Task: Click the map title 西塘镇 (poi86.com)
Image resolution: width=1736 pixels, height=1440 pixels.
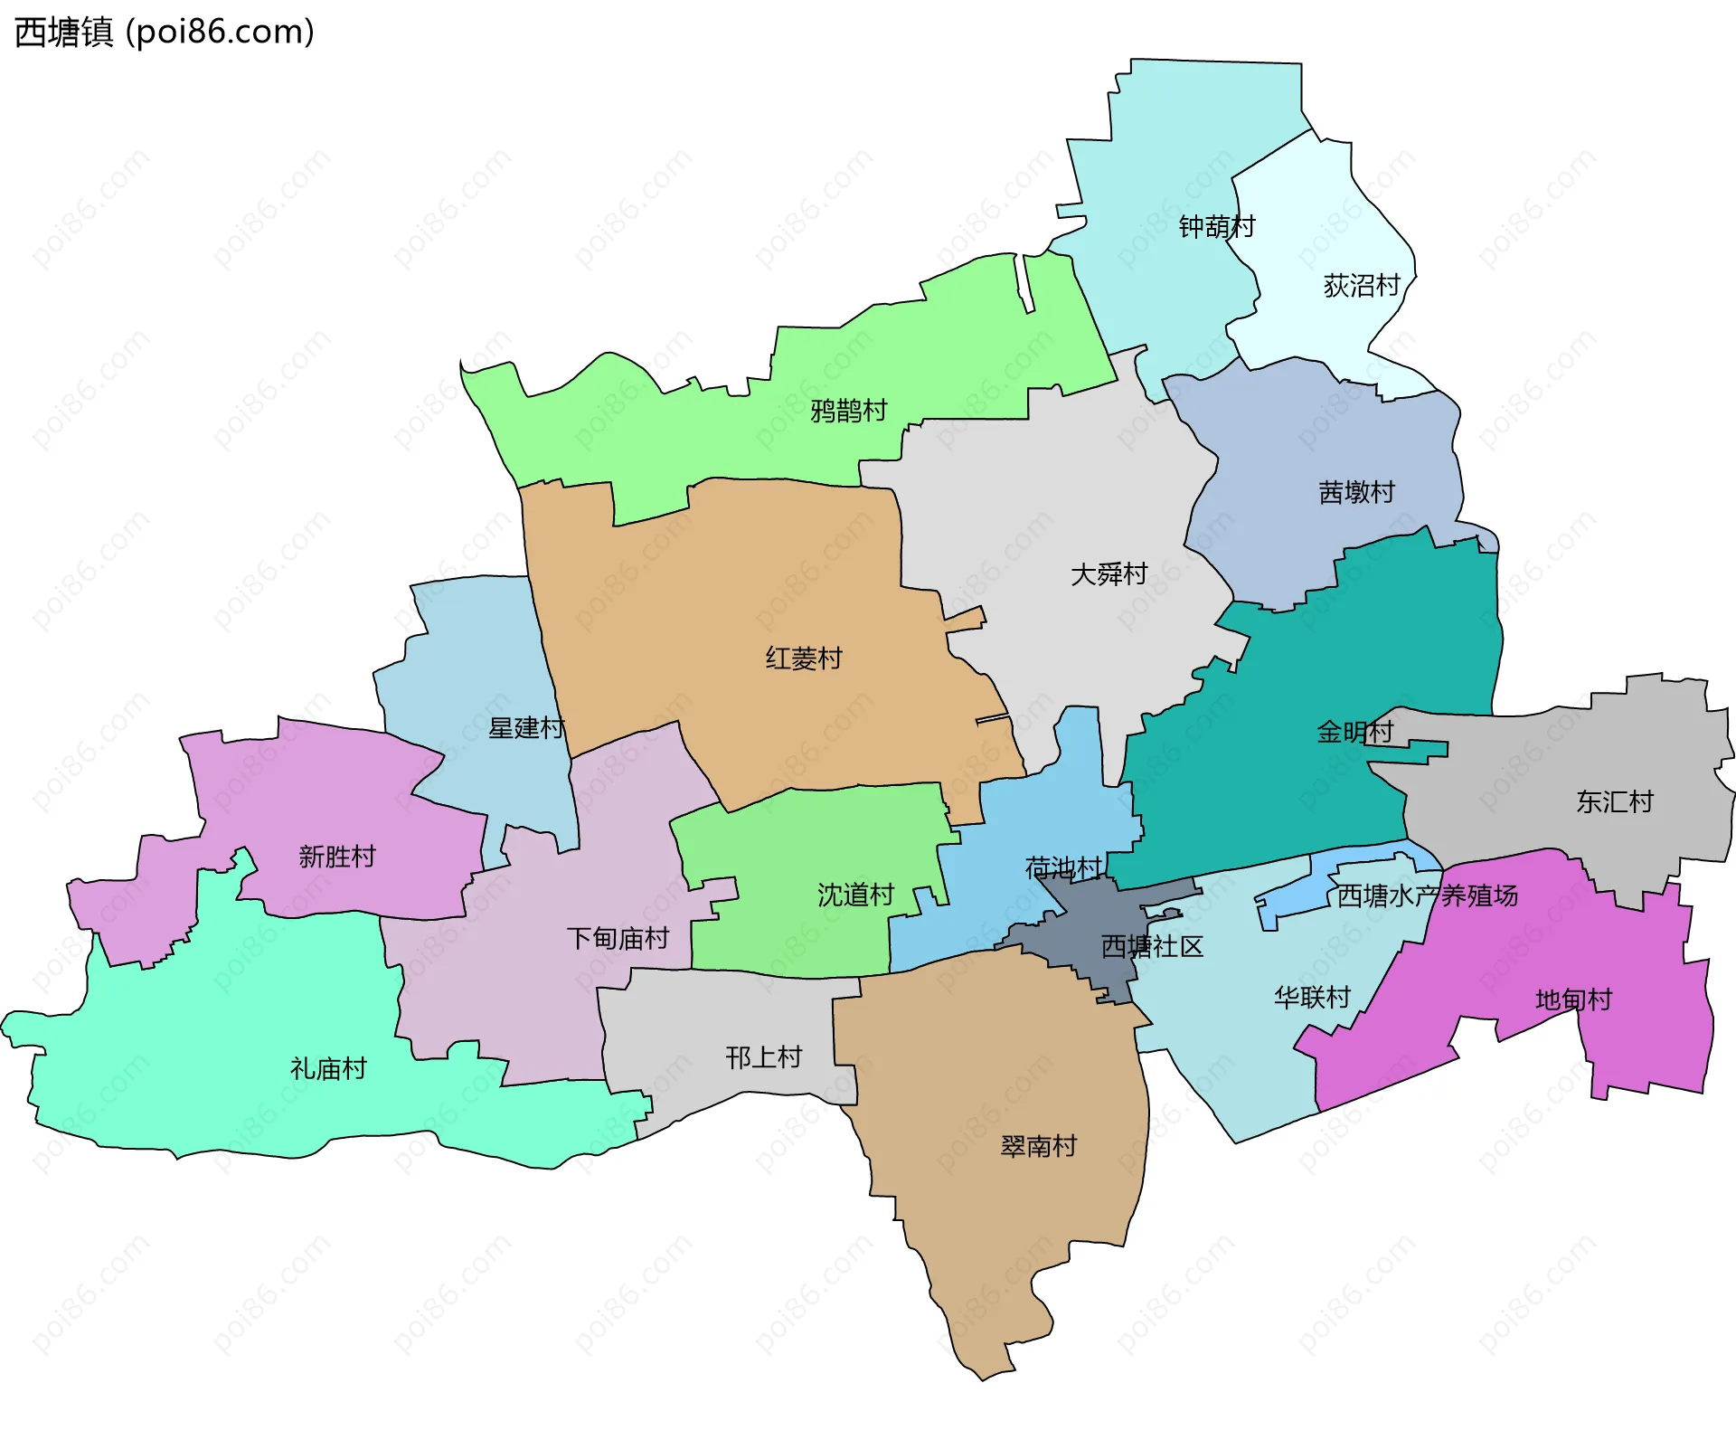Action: [165, 32]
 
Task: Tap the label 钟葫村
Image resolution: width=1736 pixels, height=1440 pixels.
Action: [1216, 226]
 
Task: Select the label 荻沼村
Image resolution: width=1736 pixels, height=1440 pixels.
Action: [1361, 286]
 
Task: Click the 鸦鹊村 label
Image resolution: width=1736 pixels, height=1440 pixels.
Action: [848, 411]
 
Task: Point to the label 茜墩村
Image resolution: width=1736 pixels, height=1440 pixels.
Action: [1356, 492]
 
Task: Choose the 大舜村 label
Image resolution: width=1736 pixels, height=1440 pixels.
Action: [1109, 574]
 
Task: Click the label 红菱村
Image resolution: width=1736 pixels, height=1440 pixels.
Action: [803, 658]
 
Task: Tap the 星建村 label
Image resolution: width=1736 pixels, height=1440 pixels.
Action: [526, 727]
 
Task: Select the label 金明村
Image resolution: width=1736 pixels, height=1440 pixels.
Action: [1354, 731]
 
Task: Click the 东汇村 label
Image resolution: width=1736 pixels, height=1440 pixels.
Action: [1614, 801]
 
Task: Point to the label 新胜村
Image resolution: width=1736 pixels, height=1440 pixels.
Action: [336, 856]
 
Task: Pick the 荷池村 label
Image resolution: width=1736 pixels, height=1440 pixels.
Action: [1063, 868]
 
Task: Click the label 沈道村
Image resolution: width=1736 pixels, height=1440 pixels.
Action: [855, 895]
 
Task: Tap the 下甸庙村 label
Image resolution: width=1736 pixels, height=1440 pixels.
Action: [618, 938]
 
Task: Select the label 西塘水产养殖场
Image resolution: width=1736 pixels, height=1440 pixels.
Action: [1427, 895]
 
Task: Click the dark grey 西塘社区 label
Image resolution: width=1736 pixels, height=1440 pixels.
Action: [1152, 946]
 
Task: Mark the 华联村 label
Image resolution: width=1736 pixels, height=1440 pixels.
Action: [1311, 997]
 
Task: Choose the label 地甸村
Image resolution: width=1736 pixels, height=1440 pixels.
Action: [1573, 999]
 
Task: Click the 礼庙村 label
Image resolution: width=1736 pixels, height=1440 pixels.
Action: [327, 1068]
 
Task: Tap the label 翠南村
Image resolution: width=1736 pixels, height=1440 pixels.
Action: [1038, 1146]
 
